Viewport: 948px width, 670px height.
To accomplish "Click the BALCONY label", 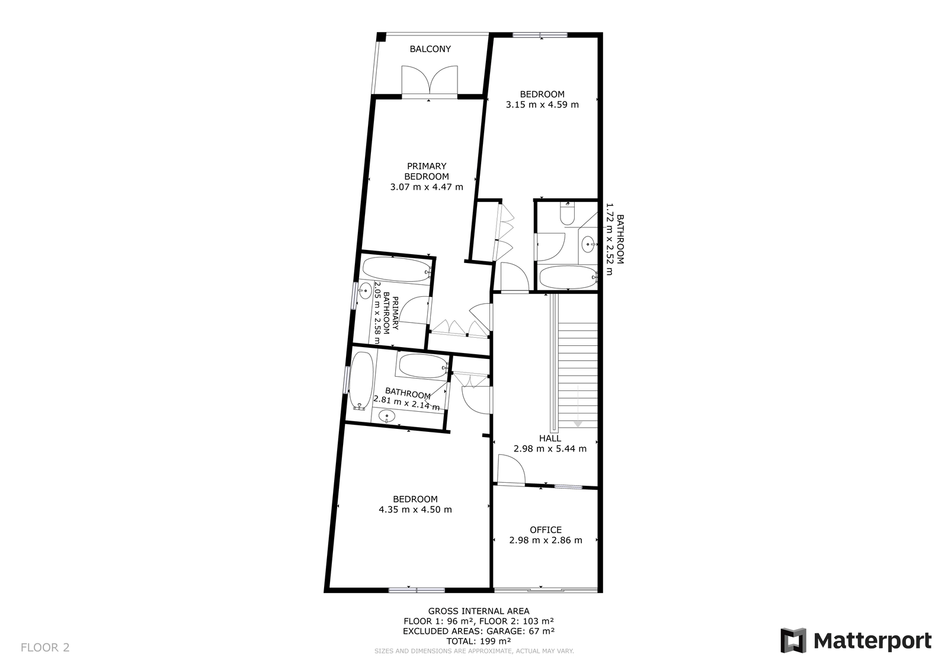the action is (430, 49).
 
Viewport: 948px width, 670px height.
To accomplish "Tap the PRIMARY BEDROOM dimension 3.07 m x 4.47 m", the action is (427, 187).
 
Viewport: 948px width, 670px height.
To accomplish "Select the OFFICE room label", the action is (546, 530).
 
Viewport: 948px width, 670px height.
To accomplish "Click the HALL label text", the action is (550, 438).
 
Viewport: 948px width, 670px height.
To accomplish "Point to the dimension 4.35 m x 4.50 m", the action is (415, 509).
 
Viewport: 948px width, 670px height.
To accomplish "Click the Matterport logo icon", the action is (793, 640).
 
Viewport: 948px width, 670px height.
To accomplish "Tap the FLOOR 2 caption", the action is (45, 647).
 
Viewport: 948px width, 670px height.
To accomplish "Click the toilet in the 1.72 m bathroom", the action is (567, 214).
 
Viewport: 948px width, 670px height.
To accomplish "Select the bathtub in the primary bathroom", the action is (396, 270).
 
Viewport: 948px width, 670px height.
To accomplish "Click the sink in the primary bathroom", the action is (365, 290).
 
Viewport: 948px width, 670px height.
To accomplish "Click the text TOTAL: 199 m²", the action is (478, 641).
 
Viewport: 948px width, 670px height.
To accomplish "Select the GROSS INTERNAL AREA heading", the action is (479, 611).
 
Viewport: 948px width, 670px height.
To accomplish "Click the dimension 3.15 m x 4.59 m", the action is (542, 104).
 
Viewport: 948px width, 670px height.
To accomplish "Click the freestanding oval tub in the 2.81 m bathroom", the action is (361, 380).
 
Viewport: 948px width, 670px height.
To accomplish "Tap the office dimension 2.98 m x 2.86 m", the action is (546, 540).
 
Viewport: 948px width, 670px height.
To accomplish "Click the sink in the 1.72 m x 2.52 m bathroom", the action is (589, 244).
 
